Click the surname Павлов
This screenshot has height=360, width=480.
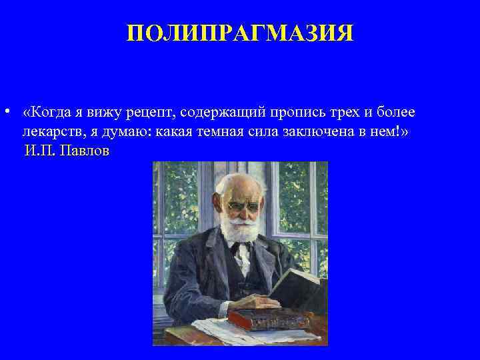85,150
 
